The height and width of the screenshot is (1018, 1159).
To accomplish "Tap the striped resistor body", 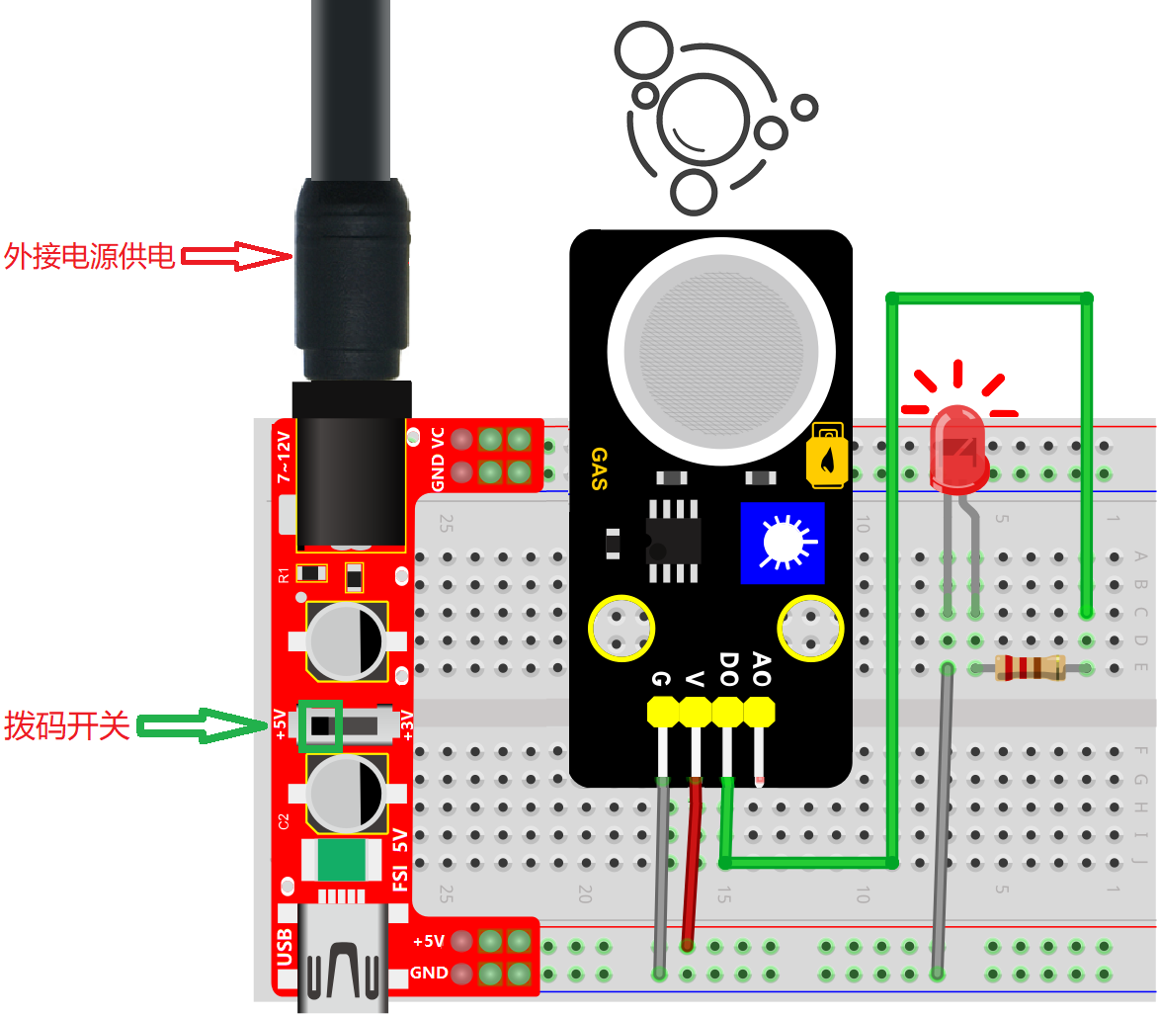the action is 1030,667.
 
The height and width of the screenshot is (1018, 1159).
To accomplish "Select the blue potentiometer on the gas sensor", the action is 782,543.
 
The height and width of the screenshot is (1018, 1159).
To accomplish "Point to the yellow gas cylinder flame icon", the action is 826,456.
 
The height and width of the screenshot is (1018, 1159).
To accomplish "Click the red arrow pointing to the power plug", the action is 236,257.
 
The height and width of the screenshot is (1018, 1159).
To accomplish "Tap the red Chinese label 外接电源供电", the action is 90,257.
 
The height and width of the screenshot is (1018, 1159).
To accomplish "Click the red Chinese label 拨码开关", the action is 66,725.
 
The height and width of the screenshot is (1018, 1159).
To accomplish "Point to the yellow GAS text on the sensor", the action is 600,468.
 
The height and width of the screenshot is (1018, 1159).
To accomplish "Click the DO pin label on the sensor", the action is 729,669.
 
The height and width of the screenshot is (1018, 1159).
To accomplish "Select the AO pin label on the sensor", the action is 762,669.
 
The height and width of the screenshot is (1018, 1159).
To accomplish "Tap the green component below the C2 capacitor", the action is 342,860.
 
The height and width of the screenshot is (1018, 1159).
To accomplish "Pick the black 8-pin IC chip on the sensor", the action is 674,541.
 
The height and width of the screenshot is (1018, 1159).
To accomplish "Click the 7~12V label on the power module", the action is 284,458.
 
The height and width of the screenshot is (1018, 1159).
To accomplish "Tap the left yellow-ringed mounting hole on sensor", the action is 621,629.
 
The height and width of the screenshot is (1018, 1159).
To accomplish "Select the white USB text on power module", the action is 285,947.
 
